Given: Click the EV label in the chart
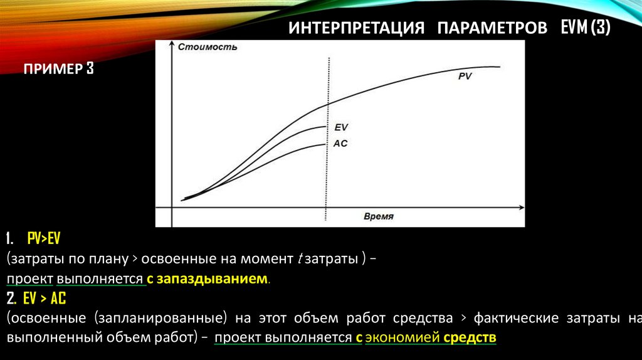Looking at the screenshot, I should click(x=340, y=127).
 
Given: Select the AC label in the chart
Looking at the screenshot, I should click(x=340, y=143).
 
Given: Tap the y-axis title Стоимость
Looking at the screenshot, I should click(x=199, y=47).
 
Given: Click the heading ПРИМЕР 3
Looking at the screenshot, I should click(x=59, y=69).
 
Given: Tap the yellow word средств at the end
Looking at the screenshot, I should click(x=470, y=338).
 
